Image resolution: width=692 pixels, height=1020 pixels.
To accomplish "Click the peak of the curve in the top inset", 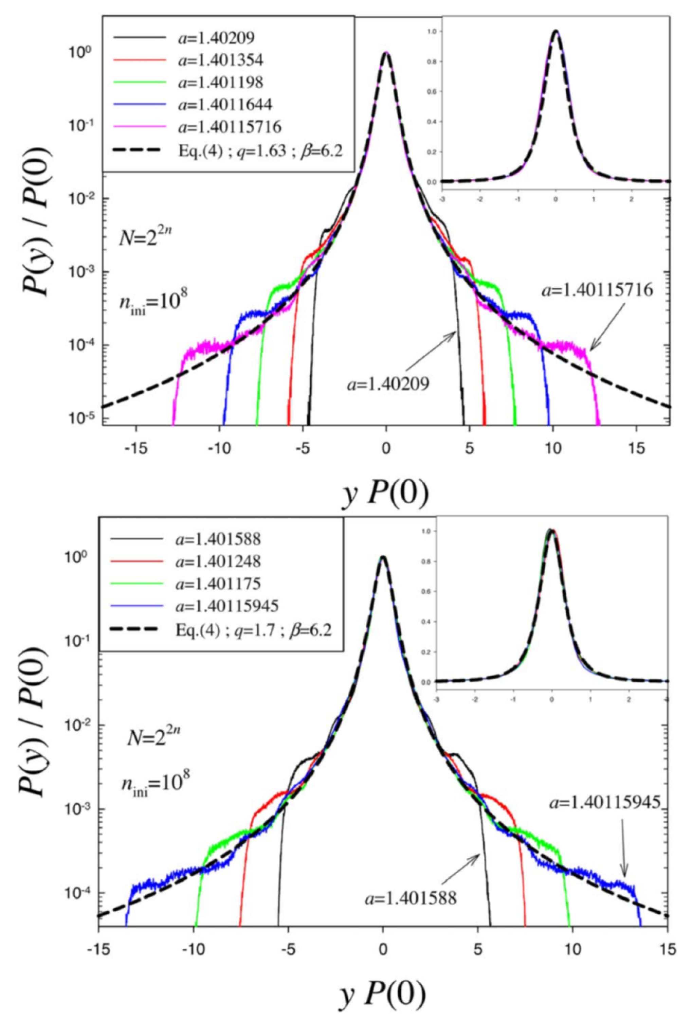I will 556,31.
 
